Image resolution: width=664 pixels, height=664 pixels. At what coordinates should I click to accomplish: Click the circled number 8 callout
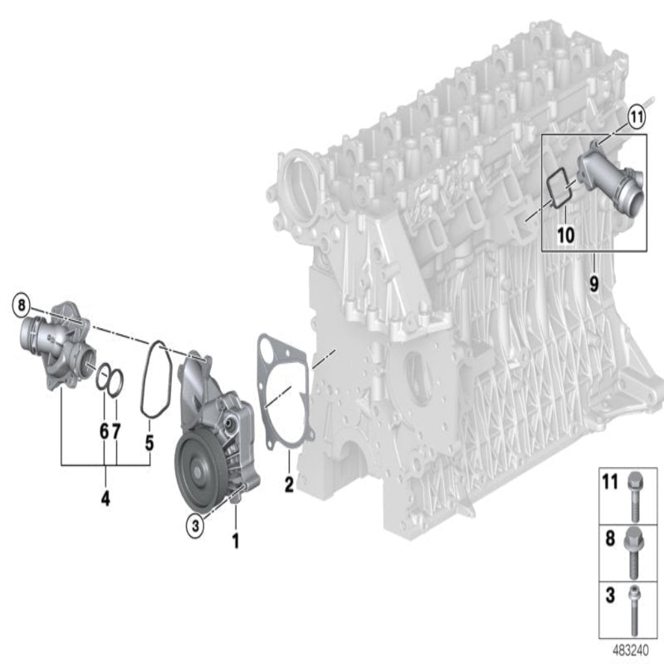[21, 305]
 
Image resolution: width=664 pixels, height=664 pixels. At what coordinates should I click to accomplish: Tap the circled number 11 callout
[636, 117]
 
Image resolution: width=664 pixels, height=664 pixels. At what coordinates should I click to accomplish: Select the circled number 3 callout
[195, 526]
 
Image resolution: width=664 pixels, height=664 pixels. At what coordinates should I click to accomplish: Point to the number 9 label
[594, 284]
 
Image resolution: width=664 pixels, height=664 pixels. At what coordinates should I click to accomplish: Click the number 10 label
[565, 235]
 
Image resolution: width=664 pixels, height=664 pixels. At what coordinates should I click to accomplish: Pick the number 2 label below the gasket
[289, 484]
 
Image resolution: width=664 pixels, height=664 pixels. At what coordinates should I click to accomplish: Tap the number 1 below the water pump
[236, 541]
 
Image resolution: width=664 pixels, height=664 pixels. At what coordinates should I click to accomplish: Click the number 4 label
[106, 498]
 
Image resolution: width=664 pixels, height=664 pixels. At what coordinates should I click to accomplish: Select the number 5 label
[150, 442]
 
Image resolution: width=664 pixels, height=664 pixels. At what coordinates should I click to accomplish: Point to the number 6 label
[104, 431]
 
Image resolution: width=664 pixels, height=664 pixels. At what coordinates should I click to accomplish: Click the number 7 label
[116, 431]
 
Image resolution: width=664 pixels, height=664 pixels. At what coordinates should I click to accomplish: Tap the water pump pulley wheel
[198, 470]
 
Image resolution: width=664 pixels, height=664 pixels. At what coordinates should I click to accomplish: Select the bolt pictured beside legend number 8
[634, 553]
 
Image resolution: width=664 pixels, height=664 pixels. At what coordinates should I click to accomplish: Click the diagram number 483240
[630, 650]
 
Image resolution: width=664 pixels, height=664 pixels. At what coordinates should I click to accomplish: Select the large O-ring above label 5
[156, 378]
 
